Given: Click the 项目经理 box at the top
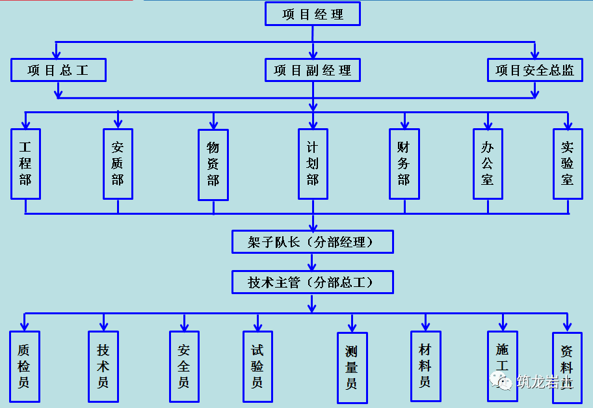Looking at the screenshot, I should click(x=313, y=14).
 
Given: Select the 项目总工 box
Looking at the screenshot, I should click(x=59, y=70).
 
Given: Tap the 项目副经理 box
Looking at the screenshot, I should click(x=313, y=70).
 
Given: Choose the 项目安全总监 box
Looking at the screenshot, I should click(x=534, y=70).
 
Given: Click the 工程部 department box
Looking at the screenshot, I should click(x=25, y=164).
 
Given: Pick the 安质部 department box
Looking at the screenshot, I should click(x=118, y=164).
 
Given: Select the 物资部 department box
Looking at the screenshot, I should click(x=213, y=165).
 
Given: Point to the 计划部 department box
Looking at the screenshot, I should click(x=313, y=164).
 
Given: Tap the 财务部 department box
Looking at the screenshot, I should click(x=404, y=164).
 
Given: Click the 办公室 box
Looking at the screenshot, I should click(x=488, y=164).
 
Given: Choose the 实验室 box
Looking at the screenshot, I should click(x=568, y=164).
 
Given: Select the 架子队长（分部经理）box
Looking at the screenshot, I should click(x=313, y=242).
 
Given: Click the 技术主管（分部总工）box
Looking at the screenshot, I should click(x=313, y=282).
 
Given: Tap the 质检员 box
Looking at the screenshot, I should click(x=24, y=366).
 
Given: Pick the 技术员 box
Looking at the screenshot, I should click(x=103, y=366).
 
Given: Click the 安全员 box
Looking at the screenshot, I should click(x=184, y=366).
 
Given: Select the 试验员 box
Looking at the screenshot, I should click(x=257, y=366).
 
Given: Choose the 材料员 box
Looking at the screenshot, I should click(x=425, y=366).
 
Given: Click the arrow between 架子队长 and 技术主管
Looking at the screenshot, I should click(x=313, y=262).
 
